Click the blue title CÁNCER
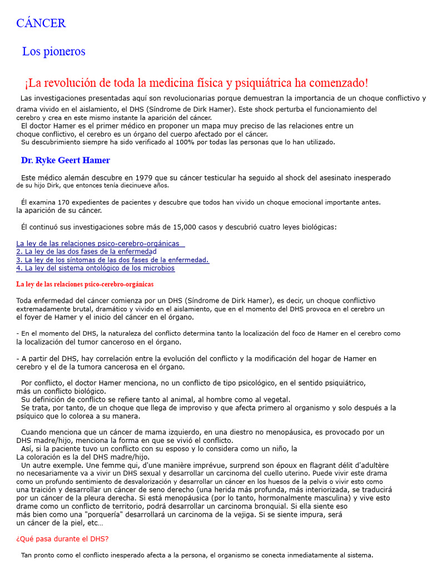tap(41, 23)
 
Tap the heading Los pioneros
tap(53, 52)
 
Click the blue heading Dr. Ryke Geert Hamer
tap(66, 161)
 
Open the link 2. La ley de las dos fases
tap(86, 252)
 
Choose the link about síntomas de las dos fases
tap(112, 260)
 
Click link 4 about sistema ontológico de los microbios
tap(95, 268)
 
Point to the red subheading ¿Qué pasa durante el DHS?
tap(62, 539)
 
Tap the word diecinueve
tap(130, 186)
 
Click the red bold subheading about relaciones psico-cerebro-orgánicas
tap(85, 284)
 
